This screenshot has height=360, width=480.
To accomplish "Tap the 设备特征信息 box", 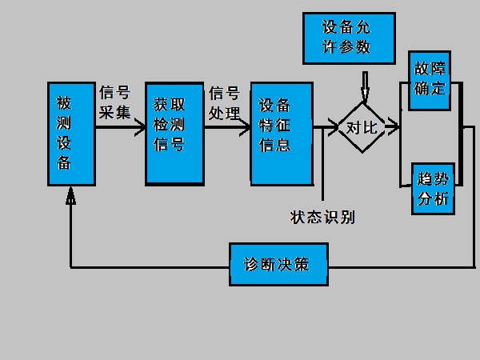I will click(x=280, y=131).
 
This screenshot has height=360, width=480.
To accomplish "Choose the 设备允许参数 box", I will click(x=349, y=38).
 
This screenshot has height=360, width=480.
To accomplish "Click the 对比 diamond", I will click(x=361, y=126).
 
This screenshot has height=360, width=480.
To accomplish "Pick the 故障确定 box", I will click(x=430, y=81).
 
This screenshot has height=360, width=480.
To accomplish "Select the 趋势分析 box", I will click(x=433, y=189).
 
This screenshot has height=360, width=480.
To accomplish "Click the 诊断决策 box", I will click(x=278, y=263).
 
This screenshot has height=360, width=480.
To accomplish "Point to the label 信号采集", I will click(x=114, y=102).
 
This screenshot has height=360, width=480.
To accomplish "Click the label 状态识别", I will click(x=322, y=217).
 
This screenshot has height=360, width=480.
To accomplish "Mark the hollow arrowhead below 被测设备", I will click(x=71, y=194).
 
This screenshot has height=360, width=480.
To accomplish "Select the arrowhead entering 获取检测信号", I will click(x=139, y=126).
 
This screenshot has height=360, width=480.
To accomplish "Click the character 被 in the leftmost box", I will click(x=65, y=104).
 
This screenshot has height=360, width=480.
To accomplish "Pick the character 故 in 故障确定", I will click(x=422, y=69).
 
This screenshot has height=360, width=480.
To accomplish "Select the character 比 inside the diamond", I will click(x=370, y=127).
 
